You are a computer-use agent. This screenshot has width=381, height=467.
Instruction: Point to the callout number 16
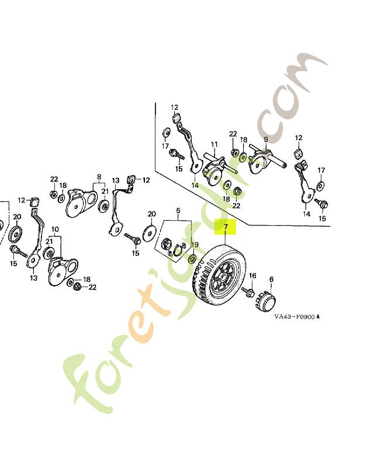pos(252,276)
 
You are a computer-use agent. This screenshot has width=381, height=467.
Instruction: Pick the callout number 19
pos(195,245)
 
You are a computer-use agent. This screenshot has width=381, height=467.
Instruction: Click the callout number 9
pos(265,140)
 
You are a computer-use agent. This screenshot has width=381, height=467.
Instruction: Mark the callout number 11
pos(214,144)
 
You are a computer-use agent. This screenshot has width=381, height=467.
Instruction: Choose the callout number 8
pos(99,176)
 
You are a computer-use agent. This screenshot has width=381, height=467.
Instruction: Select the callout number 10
pos(56,229)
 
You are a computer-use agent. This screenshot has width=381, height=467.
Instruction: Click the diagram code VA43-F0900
pos(295,318)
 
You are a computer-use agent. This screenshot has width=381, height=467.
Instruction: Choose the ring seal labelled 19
pos(192,257)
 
